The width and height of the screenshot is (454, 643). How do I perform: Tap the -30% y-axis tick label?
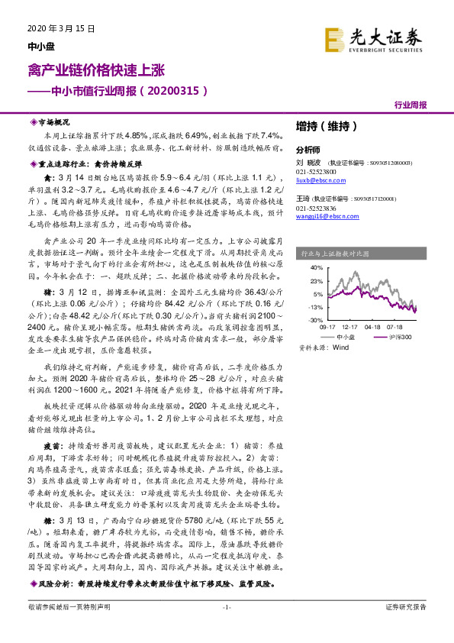[x=314, y=320]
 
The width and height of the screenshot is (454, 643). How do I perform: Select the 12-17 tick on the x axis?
[x=350, y=326]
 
